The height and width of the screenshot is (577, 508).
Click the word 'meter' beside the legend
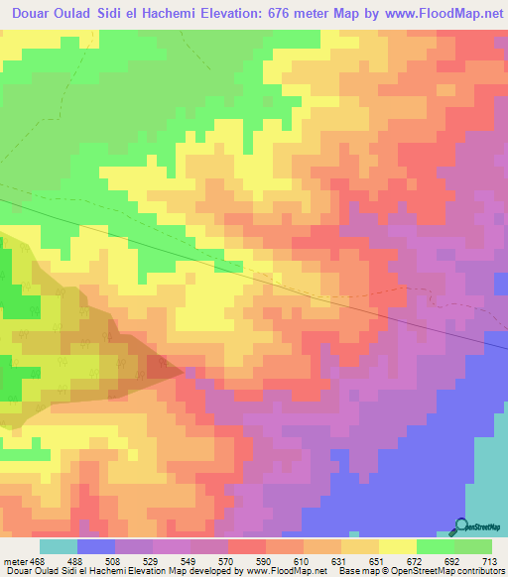click(x=14, y=560)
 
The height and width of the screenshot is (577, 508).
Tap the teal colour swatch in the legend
click(x=58, y=546)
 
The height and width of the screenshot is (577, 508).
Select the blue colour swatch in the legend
click(x=95, y=546)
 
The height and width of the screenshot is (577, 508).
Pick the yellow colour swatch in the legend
click(x=397, y=546)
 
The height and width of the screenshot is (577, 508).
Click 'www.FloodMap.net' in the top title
click(x=439, y=13)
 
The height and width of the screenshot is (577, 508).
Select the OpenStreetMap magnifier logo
click(x=460, y=526)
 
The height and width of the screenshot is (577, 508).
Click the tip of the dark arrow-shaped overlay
click(x=186, y=371)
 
